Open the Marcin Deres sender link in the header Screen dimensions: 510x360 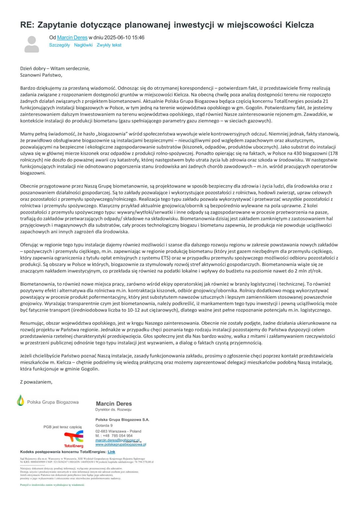pos(72,38)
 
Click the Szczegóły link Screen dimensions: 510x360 pos(59,45)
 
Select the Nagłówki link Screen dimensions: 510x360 pos(83,45)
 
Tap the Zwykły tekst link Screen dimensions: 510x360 pos(109,45)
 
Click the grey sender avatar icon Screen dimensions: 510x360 pos(32,44)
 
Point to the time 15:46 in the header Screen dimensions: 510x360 pos(138,38)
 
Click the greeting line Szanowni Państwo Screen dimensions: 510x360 pos(41,75)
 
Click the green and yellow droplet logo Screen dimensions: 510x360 pos(21,400)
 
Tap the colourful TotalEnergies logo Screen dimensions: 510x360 pos(74,439)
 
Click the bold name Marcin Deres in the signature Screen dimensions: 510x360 pos(114,404)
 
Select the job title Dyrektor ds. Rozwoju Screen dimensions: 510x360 pos(113,410)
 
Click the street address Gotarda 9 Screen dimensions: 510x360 pos(104,425)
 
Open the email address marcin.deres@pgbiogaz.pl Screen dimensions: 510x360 pos(117,440)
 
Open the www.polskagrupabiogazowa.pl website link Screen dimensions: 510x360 pos(121,444)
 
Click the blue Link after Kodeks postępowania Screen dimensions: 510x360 pos(111,452)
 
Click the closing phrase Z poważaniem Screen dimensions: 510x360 pos(36,382)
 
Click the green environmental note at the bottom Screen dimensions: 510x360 pos(52,485)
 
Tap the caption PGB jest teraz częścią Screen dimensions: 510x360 pos(62,427)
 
